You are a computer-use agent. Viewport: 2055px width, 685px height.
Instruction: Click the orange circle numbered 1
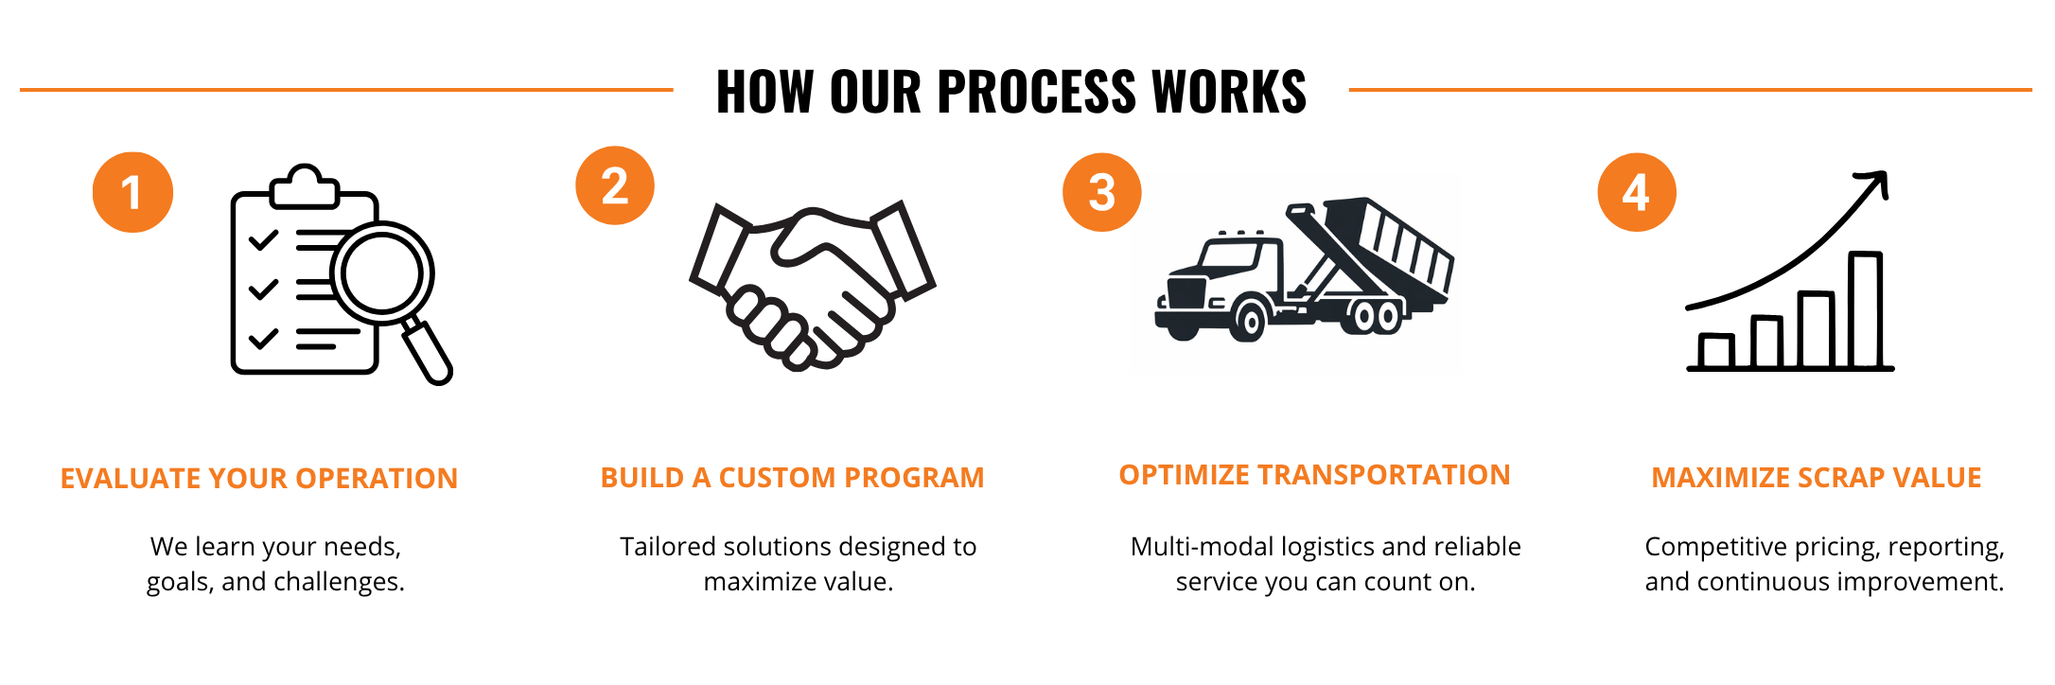pos(132,192)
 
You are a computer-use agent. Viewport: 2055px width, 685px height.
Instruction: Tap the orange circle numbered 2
pos(615,185)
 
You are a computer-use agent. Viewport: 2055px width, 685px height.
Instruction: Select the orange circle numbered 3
pos(1102,192)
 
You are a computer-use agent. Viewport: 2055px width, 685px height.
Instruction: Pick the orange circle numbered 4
pos(1637,192)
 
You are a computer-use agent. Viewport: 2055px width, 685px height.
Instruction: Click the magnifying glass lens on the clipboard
pos(381,273)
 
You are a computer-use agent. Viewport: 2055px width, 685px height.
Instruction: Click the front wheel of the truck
pos(1250,321)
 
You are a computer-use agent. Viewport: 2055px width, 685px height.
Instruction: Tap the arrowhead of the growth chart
pos(1874,183)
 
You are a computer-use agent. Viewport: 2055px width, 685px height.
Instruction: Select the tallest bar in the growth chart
pos(1866,309)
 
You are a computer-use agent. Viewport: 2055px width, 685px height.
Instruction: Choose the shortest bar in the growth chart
pos(1716,351)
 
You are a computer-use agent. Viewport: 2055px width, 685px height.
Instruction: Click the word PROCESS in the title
pos(1035,92)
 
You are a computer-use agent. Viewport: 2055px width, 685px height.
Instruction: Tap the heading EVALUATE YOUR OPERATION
pos(259,478)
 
